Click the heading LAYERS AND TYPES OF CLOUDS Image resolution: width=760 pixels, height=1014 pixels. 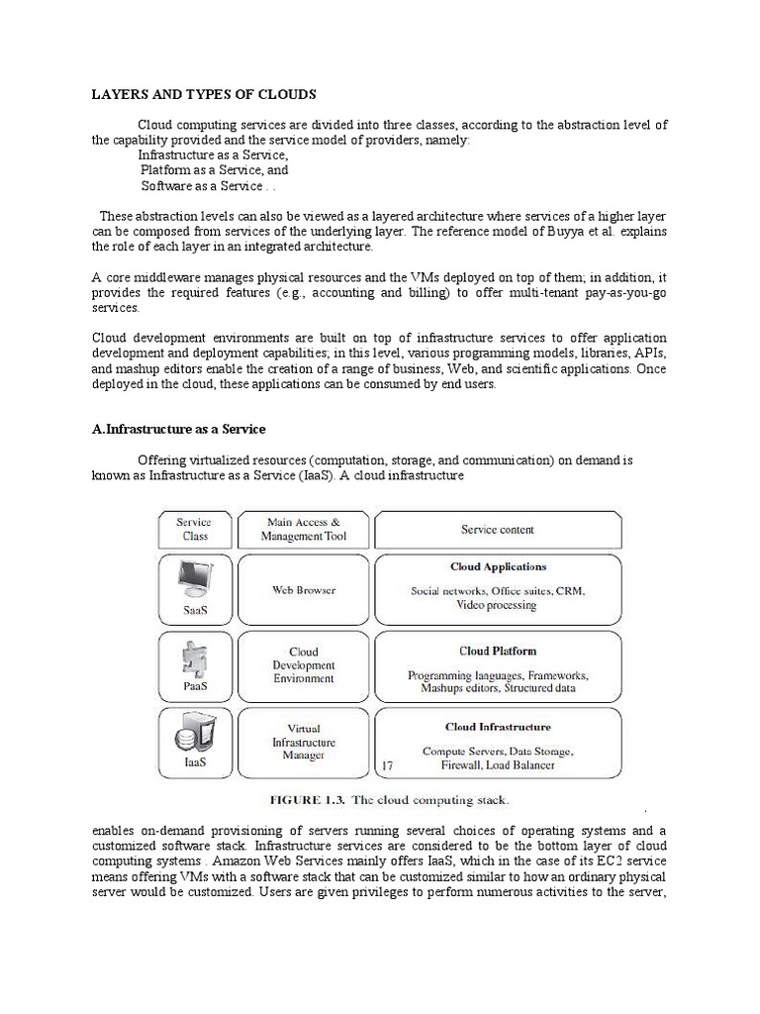204,94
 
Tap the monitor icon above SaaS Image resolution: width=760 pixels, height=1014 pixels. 193,577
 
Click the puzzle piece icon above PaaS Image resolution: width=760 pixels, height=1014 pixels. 193,658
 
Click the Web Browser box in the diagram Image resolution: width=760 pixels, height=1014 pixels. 304,590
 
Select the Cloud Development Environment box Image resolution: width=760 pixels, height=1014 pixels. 304,665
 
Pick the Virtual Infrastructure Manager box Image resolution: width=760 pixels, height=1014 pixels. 304,742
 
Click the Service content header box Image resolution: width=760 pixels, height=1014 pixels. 497,530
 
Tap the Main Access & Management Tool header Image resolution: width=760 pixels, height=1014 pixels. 304,530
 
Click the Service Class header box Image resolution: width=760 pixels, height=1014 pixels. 195,530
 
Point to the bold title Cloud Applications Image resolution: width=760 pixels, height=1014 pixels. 498,567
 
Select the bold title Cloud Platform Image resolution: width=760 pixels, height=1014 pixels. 498,652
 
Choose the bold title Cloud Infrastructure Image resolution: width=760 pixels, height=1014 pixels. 498,727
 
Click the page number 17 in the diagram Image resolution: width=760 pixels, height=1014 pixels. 387,764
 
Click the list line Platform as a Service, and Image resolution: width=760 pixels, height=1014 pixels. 214,170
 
